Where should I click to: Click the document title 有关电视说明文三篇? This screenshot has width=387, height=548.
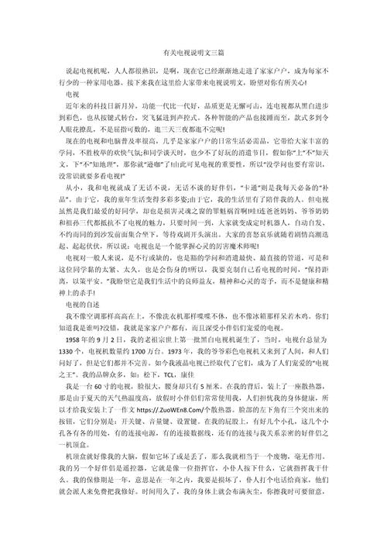[x=193, y=53]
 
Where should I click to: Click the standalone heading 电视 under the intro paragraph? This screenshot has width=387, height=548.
[x=72, y=91]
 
